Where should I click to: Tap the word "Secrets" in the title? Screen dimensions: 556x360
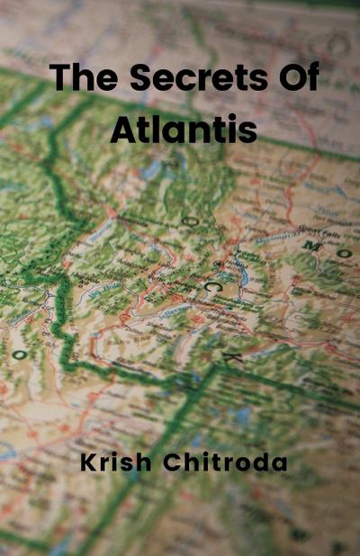[186, 77]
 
